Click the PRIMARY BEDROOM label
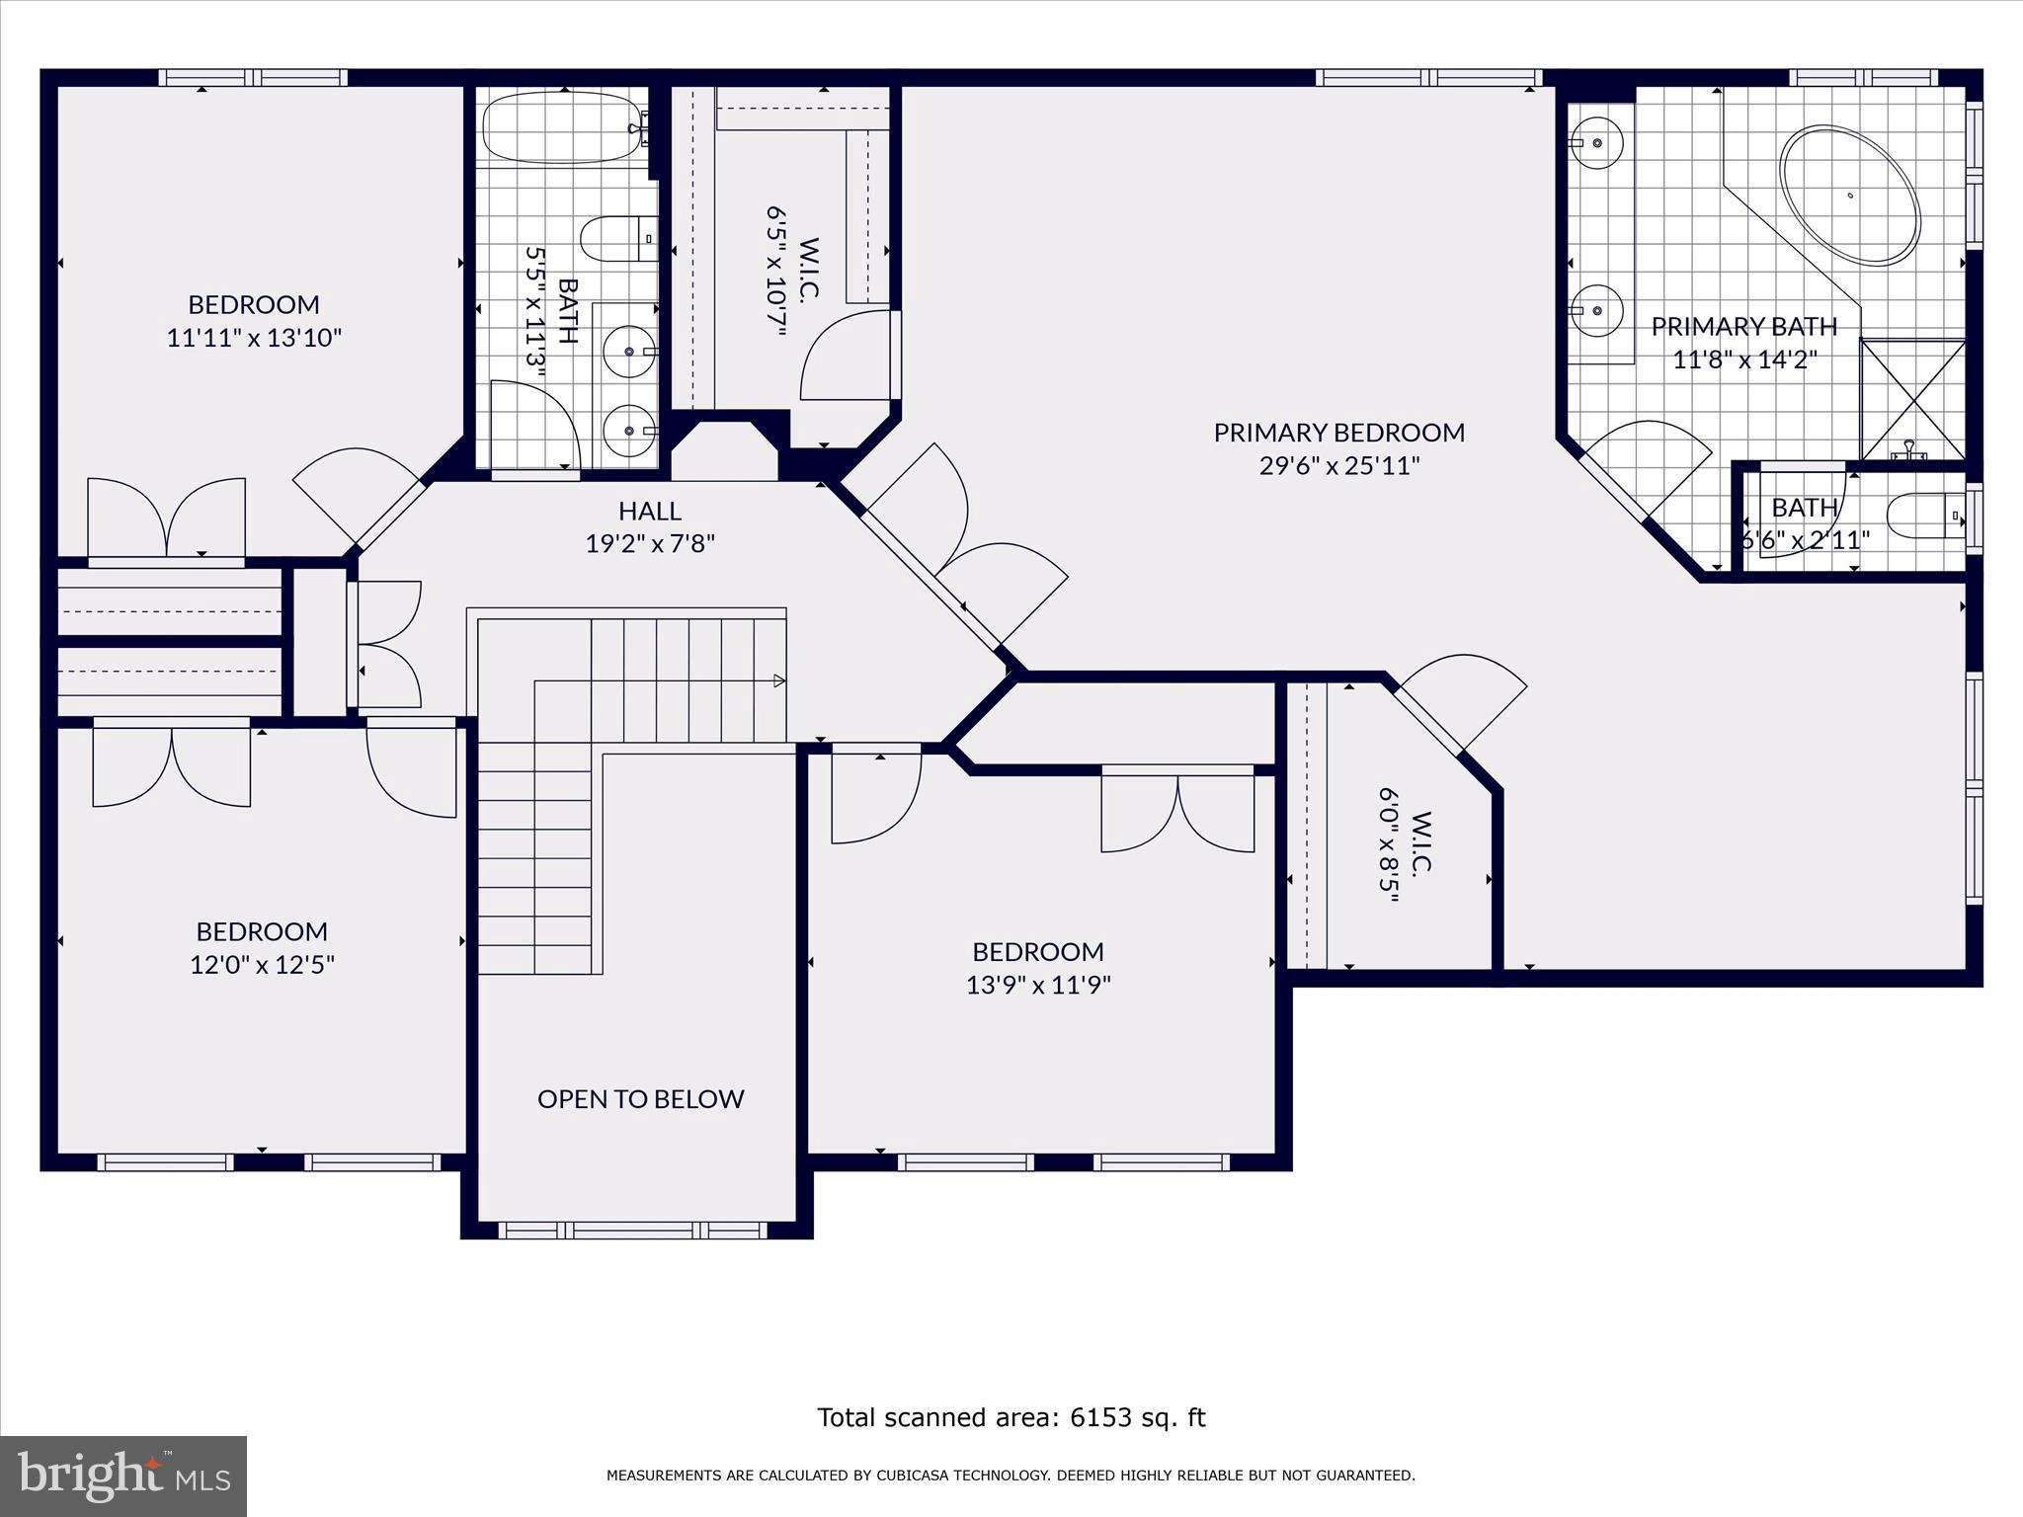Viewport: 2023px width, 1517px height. pos(1338,433)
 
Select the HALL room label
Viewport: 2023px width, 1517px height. pos(649,511)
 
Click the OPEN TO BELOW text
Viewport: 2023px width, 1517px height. pos(640,1099)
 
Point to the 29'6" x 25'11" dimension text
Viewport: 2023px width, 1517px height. pos(1338,465)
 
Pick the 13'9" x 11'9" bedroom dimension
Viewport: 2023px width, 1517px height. pos(1038,985)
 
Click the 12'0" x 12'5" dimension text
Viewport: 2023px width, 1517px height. pos(262,964)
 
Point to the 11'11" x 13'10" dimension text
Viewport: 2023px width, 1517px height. pos(254,338)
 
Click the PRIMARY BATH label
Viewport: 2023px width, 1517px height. pos(1743,326)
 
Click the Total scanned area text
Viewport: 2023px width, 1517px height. pos(1011,1417)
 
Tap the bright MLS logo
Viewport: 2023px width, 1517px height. pos(123,1476)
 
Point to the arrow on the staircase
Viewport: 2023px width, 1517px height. pos(778,680)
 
